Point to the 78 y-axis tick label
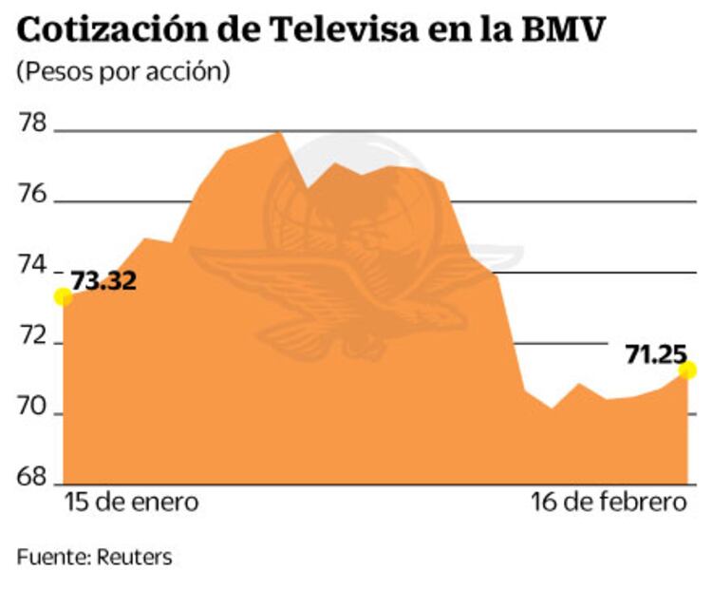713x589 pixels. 34,123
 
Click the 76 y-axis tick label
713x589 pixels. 34,194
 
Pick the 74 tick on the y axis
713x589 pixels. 34,265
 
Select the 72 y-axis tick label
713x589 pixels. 34,336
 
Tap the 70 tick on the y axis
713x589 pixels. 34,408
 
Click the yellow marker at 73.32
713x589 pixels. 63,297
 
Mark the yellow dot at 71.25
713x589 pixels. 687,370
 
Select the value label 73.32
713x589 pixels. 104,281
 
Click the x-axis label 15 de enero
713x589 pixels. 132,502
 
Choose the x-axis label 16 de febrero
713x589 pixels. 608,502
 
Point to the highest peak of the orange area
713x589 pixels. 279,133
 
